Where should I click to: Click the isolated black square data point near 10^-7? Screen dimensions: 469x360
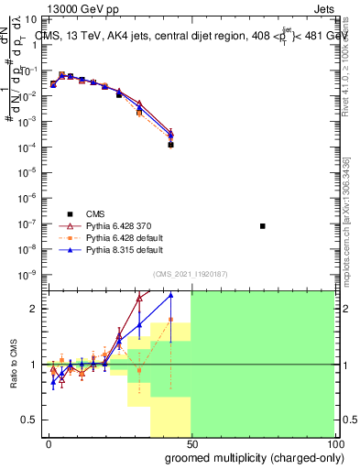click(x=263, y=226)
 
